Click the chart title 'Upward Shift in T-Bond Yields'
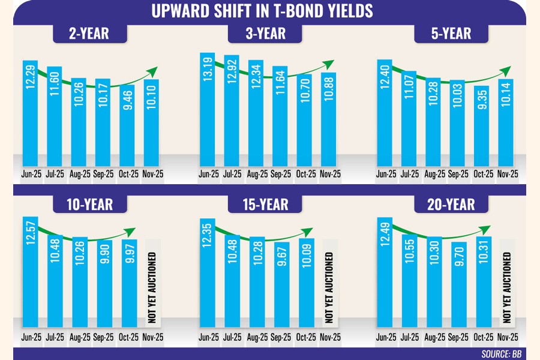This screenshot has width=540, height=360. (269, 11)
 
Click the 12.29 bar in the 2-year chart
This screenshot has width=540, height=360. (30, 111)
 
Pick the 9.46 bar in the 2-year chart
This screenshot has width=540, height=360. (126, 126)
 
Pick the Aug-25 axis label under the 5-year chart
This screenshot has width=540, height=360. (434, 175)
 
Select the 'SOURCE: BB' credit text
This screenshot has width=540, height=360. (502, 354)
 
